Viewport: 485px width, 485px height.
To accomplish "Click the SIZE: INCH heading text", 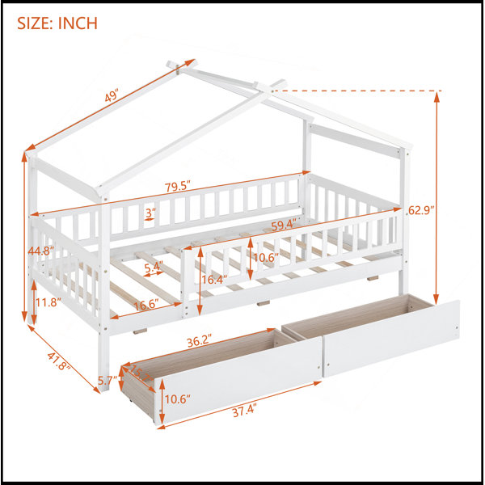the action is coord(57,23).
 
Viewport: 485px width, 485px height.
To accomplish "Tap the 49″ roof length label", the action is coord(112,96).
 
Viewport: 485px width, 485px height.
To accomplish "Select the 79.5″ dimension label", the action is coord(177,188).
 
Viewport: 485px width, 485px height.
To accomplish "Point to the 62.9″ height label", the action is coord(421,210).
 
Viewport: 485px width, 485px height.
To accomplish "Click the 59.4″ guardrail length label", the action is coord(285,225).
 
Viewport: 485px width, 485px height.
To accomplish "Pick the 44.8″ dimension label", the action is coord(41,251).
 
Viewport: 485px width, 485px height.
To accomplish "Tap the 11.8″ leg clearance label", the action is coord(48,302).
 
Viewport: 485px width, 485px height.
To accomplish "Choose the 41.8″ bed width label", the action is coord(59,361).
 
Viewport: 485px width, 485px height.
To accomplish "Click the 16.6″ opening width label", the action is coord(146,305).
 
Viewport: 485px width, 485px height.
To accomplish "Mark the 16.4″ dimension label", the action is coord(214,280).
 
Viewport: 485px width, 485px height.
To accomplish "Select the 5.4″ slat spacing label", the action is coord(154,266).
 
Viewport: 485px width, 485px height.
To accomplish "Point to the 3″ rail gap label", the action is coord(150,213).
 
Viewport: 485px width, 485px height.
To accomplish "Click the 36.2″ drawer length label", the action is coord(200,342).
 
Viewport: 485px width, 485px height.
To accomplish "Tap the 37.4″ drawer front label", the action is coord(245,411).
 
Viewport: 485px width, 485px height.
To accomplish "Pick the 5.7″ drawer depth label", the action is coord(108,380).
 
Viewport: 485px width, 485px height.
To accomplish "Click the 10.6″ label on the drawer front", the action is coord(177,399).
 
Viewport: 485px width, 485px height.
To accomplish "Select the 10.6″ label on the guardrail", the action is coord(266,257).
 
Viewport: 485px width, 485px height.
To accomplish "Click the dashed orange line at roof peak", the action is coord(356,91).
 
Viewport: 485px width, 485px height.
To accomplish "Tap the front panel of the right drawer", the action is coord(391,339).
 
